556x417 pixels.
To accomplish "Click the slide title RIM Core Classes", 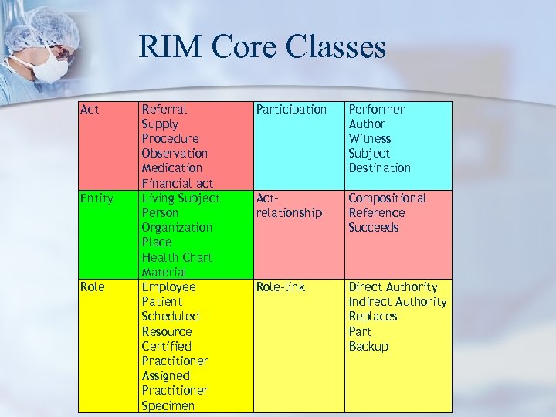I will click(262, 48).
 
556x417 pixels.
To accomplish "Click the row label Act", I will click(90, 110).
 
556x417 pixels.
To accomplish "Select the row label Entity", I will click(97, 198).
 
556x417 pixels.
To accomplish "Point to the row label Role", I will click(92, 287).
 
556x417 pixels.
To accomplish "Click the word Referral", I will click(164, 110).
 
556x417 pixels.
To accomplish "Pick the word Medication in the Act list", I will click(171, 168).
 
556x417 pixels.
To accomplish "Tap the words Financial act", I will click(177, 184).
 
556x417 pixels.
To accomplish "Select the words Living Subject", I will click(181, 198).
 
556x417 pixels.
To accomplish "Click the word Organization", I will click(177, 228).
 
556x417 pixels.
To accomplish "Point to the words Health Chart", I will click(177, 257).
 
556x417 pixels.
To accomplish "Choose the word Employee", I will click(168, 287).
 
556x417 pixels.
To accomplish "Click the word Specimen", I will click(168, 405).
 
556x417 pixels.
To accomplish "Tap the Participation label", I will click(292, 110).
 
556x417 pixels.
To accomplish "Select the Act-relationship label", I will click(289, 205).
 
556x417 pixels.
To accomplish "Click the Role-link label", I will click(280, 287).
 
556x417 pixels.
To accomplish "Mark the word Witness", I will click(370, 139).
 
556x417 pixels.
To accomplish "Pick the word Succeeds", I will click(374, 228).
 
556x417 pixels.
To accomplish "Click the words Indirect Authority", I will click(398, 302).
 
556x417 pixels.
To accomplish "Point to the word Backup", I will click(368, 347).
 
